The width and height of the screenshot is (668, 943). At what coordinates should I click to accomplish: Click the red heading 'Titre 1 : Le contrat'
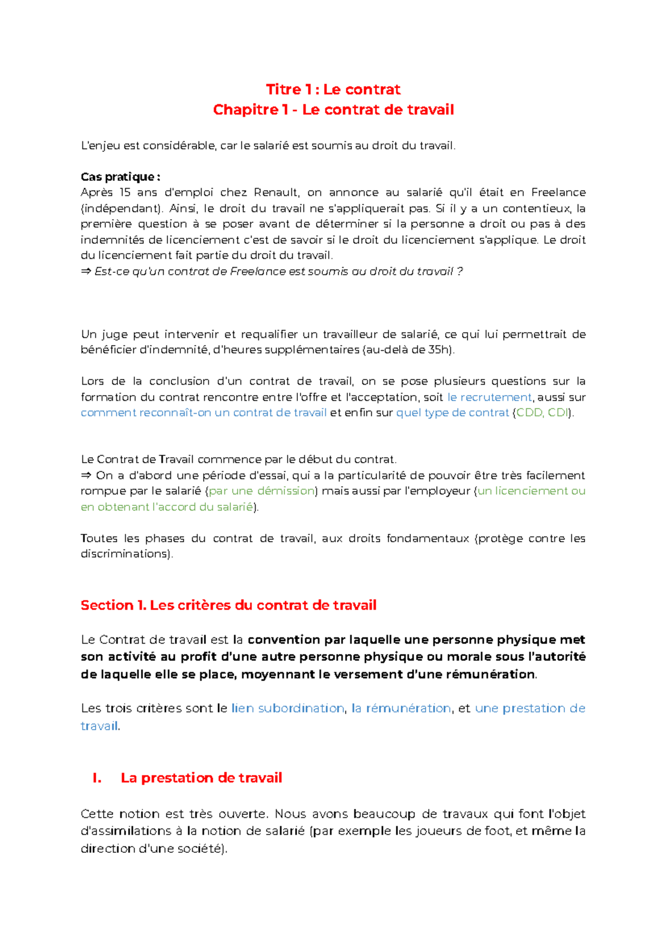click(333, 89)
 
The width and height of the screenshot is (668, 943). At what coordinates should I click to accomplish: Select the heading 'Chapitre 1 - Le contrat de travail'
click(333, 110)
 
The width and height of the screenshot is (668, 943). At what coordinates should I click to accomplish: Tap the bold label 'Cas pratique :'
click(120, 177)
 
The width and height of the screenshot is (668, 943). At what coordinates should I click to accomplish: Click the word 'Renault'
click(277, 193)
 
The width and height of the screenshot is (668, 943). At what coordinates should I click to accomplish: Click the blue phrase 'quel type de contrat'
click(452, 413)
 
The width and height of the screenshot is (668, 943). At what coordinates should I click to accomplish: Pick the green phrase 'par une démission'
click(262, 491)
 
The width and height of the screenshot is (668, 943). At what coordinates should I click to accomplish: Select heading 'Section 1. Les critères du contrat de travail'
click(228, 605)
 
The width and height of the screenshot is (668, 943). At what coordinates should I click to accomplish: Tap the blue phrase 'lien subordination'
click(287, 708)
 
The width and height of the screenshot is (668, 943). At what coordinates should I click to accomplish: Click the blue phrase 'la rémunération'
click(401, 708)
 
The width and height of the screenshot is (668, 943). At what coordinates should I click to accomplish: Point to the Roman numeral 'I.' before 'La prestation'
click(97, 778)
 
